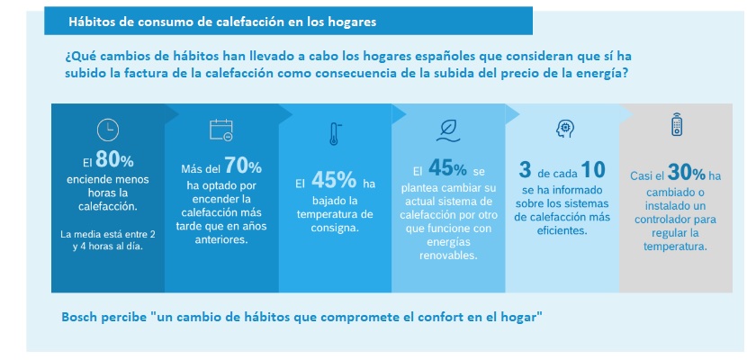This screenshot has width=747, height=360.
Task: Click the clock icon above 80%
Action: [x=108, y=129]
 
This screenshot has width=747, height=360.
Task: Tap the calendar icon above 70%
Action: [x=220, y=130]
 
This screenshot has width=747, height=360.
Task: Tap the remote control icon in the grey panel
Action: [x=676, y=126]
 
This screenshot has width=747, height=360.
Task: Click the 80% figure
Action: [x=114, y=161]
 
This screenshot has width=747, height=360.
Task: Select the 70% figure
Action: [x=243, y=166]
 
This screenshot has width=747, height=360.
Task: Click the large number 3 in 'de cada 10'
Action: [x=525, y=168]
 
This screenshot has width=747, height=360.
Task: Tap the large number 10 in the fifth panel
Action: [x=592, y=168]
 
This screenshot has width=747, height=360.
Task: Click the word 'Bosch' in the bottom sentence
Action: [x=82, y=319]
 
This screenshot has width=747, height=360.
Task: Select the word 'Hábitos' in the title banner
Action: [x=93, y=20]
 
